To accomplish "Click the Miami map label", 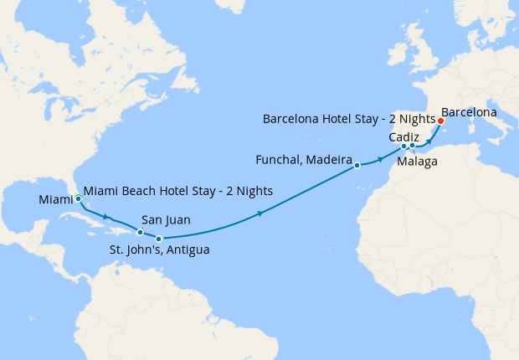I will coord(55,200).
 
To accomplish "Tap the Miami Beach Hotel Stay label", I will coord(178,191).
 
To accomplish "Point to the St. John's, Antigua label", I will coord(159,249).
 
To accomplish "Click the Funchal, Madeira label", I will coord(302,159).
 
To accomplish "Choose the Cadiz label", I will coord(406,136).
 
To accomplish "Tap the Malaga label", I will coord(417,161).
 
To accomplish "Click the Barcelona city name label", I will coord(469,111).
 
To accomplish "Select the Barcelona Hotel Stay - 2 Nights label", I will coord(349,119).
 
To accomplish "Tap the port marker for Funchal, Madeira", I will coord(357,165).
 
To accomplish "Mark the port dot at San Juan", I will coord(140,232).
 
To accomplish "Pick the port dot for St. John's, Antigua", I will coord(159,239).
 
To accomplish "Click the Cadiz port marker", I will coord(403,146).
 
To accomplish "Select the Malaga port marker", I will coord(412,146).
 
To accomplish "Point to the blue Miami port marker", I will coord(78,199).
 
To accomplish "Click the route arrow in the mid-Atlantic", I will coord(261,214).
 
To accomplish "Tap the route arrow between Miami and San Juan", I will coord(107,218).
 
